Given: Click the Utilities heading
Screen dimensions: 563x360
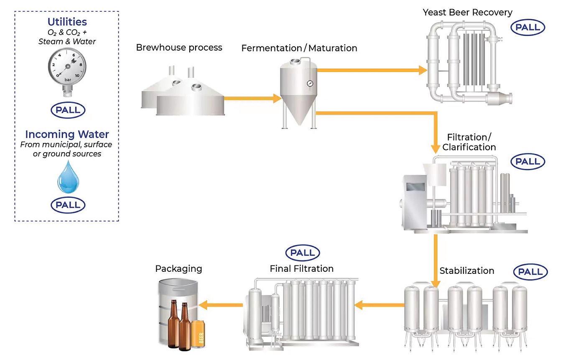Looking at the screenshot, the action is (67, 22).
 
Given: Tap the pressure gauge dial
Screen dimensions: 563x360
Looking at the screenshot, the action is (67, 66).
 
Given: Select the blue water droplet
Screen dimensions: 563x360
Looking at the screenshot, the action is (68, 177).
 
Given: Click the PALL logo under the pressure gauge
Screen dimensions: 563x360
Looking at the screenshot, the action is (68, 110).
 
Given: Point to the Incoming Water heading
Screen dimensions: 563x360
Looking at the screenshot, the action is (67, 135).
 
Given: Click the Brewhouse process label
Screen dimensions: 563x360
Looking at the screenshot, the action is (179, 48).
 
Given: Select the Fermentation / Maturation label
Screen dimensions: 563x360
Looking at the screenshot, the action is (299, 48).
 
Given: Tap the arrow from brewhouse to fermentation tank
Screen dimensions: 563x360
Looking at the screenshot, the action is (252, 98).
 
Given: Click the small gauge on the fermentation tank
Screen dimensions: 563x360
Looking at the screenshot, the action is (310, 84).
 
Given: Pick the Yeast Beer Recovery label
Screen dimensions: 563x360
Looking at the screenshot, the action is (467, 12).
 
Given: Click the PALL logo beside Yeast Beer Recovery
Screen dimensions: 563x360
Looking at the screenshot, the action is (528, 28).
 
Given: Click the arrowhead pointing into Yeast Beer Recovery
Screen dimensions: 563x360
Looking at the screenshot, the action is (423, 70).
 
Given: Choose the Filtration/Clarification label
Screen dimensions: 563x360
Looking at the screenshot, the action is (469, 142).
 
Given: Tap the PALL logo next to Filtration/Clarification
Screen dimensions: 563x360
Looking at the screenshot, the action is (528, 162).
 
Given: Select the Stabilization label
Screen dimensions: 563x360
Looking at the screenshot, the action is (467, 271).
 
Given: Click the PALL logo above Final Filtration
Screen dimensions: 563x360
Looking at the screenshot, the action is (303, 253).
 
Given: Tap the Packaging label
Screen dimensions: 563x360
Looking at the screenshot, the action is (179, 269).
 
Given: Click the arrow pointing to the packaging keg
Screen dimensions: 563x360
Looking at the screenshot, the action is (221, 305).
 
